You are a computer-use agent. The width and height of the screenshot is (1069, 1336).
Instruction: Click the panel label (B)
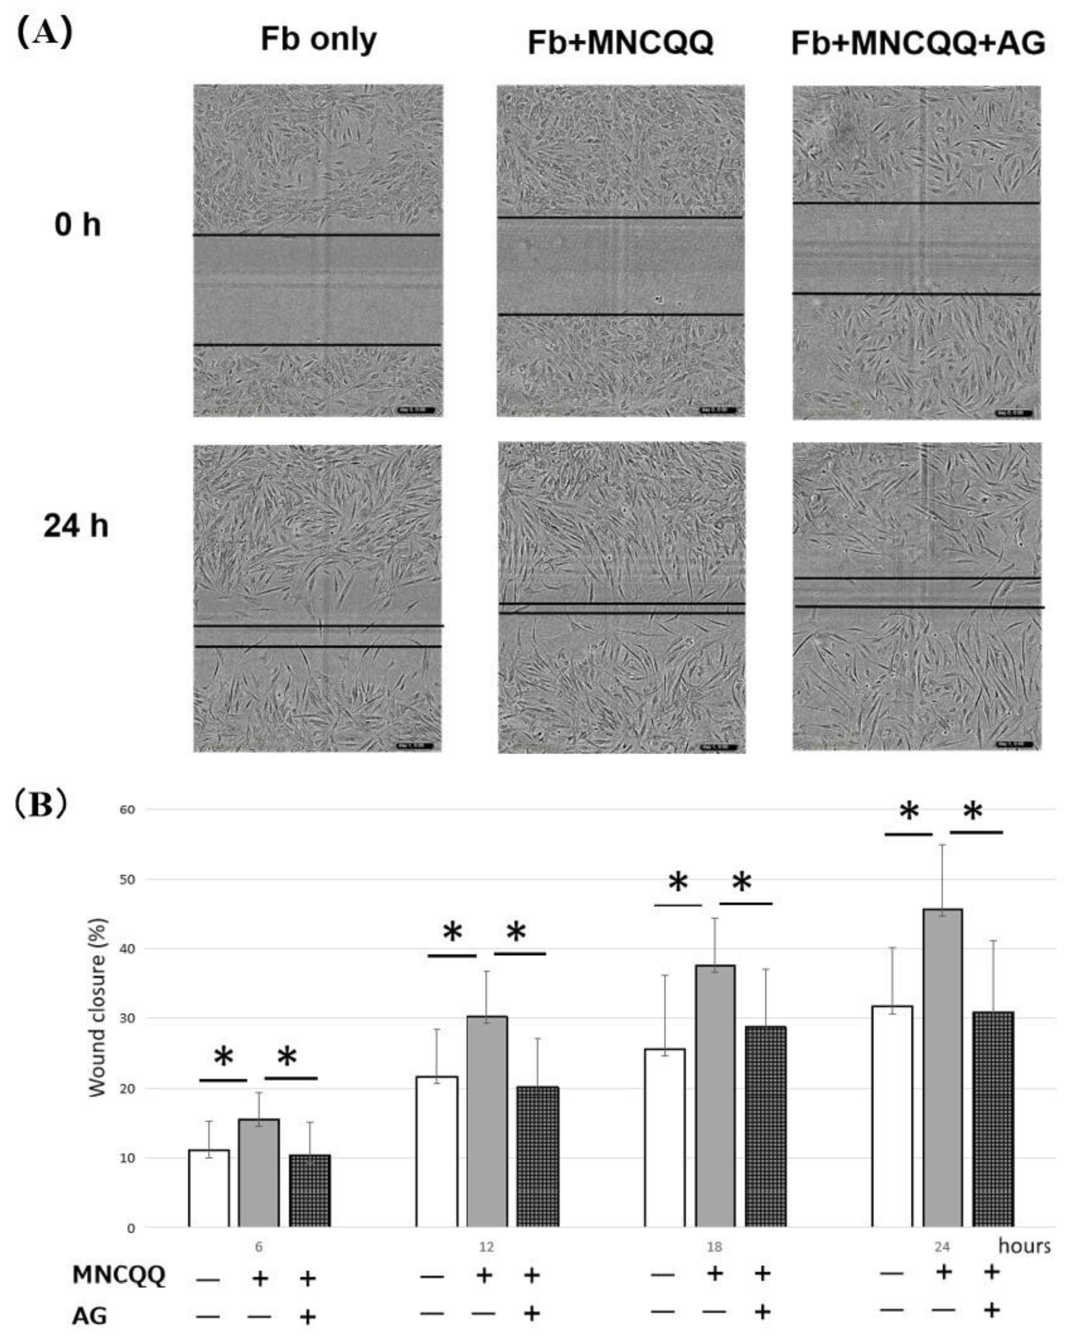(42, 805)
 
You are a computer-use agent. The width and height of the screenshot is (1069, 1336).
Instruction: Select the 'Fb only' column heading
(318, 40)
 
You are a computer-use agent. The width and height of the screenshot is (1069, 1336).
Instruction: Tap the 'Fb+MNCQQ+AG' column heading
(919, 43)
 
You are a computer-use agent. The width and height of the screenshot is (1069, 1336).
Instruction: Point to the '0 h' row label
(78, 224)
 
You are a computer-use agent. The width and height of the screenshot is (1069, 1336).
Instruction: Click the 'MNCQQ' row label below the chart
(119, 1275)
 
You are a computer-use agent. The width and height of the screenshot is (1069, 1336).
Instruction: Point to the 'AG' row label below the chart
(90, 1315)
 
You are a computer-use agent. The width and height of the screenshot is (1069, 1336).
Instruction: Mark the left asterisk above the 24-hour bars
(909, 812)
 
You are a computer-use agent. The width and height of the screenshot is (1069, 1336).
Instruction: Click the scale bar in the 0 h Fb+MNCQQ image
(717, 410)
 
